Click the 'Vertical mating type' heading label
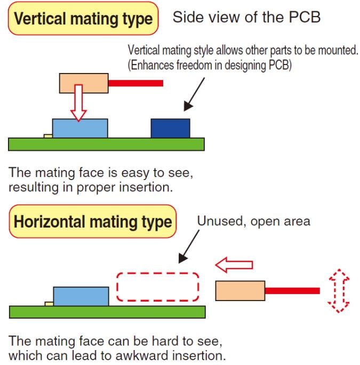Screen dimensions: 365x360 pyautogui.click(x=83, y=19)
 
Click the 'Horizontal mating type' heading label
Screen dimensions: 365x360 pyautogui.click(x=93, y=222)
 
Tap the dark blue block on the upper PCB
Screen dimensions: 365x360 pyautogui.click(x=170, y=128)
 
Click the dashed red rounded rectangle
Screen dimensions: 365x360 pyautogui.click(x=158, y=287)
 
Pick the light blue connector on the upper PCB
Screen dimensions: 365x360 pyautogui.click(x=80, y=128)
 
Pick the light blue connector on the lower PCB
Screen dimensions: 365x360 pyautogui.click(x=81, y=296)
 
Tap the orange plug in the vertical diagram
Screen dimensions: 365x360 pyautogui.click(x=84, y=83)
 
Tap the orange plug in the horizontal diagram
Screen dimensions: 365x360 pyautogui.click(x=240, y=291)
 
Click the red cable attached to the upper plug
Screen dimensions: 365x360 pyautogui.click(x=135, y=83)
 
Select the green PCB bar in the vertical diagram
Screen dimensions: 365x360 pyautogui.click(x=106, y=144)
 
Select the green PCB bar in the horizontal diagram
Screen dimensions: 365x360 pyautogui.click(x=107, y=312)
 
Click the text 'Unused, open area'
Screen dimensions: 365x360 pyautogui.click(x=253, y=221)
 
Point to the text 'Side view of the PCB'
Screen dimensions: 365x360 pyautogui.click(x=246, y=18)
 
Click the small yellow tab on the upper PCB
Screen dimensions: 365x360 pyautogui.click(x=48, y=136)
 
